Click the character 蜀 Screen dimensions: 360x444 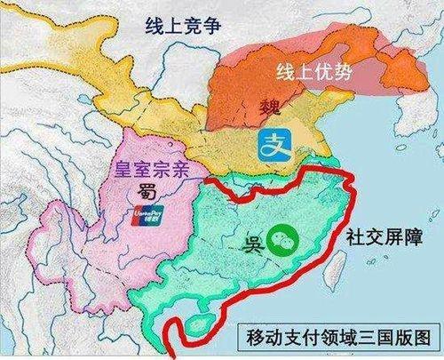coord(146,192)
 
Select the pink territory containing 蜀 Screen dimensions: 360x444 coord(98,231)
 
